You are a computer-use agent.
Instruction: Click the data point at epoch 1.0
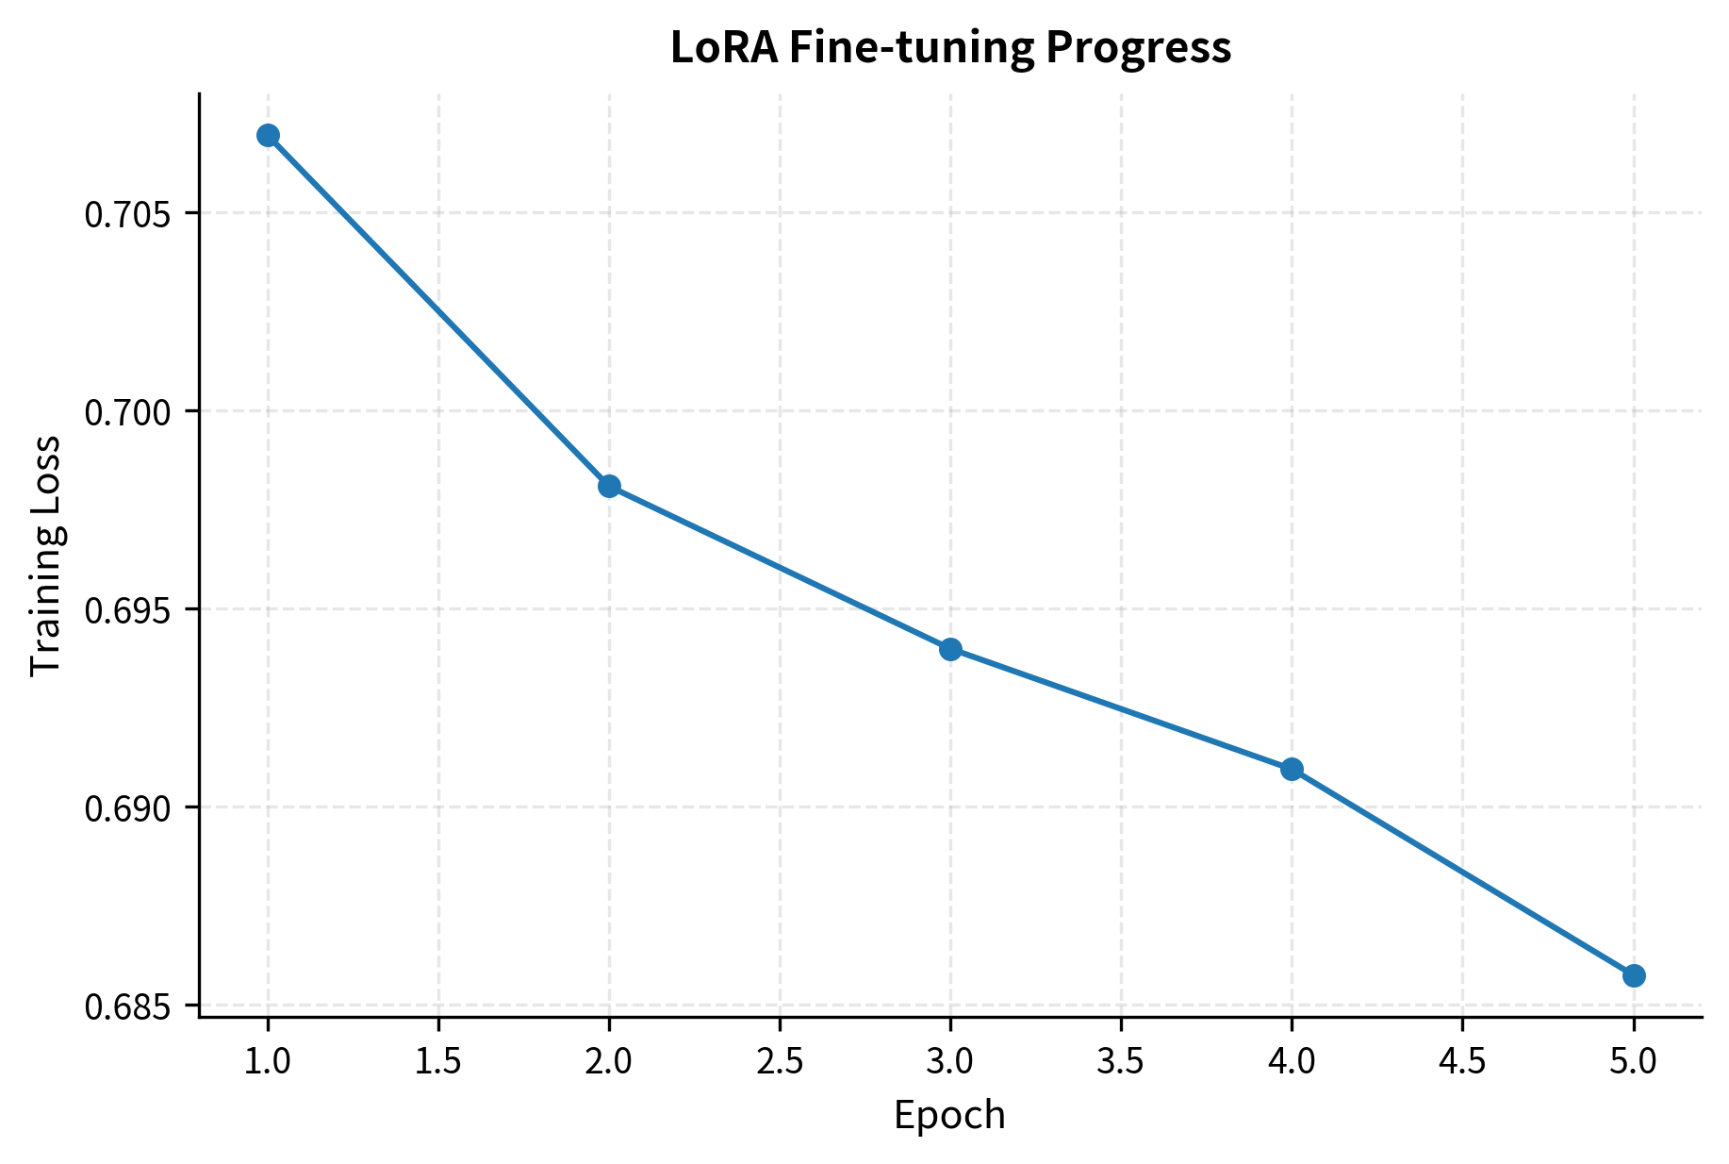[x=268, y=135]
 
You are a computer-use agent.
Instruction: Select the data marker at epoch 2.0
[x=609, y=486]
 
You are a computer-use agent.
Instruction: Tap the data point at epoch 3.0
[x=950, y=649]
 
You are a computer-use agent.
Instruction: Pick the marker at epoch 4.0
[x=1292, y=769]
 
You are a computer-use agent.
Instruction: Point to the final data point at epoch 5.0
[x=1634, y=975]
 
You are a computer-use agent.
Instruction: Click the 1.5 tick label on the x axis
[x=438, y=1062]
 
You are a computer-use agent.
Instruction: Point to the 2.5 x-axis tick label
[x=780, y=1062]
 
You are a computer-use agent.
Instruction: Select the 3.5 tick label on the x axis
[x=1121, y=1062]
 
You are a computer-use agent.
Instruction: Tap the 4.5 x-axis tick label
[x=1462, y=1062]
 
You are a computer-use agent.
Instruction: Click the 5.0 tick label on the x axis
[x=1634, y=1062]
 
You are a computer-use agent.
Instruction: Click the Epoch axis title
[x=949, y=1116]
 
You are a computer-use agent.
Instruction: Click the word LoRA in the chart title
[x=724, y=48]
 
